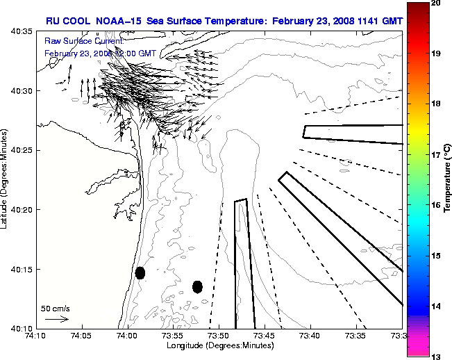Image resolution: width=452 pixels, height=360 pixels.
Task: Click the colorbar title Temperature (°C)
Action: tap(448, 179)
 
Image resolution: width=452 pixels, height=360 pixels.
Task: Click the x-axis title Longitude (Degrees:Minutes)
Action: tap(220, 345)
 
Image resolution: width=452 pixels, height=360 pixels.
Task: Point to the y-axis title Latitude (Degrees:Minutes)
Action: tap(6, 179)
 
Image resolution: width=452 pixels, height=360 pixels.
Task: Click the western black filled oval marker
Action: tap(140, 273)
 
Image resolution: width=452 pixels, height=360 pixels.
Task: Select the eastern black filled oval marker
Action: tap(197, 286)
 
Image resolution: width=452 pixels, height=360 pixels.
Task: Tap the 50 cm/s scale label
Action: tap(55, 308)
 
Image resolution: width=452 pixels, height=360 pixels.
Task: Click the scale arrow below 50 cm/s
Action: tap(56, 319)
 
